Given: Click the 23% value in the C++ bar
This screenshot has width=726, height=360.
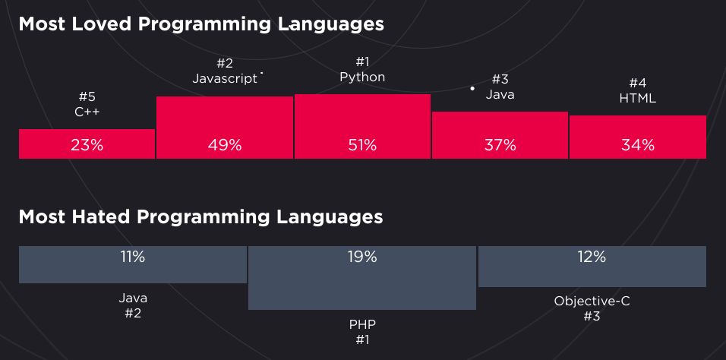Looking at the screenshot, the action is (87, 146).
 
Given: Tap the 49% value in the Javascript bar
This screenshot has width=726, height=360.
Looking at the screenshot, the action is (225, 146).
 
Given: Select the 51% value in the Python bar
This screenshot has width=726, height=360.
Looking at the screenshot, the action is (362, 146).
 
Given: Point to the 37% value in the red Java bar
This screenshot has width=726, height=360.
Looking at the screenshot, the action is (500, 146).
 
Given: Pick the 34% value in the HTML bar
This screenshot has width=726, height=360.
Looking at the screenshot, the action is (638, 146).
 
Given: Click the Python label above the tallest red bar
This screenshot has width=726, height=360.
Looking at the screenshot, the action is (362, 77).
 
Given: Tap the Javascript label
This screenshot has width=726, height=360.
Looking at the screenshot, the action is (225, 79).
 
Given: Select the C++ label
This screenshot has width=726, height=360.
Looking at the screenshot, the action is (87, 112).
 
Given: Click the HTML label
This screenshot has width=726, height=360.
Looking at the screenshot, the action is (638, 98).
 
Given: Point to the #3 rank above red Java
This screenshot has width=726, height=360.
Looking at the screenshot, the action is (500, 79).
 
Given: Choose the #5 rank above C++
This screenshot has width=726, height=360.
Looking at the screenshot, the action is (87, 96).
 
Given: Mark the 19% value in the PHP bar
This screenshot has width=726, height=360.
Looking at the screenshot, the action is (362, 257).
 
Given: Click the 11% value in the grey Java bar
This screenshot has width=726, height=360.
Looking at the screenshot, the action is (133, 257).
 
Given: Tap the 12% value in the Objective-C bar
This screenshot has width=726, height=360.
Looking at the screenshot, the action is (592, 257).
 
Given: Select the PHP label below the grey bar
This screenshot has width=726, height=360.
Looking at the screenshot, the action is (362, 324).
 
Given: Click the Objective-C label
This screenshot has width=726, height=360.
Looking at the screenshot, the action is (592, 302).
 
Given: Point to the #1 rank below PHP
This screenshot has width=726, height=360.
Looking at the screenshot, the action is (362, 339).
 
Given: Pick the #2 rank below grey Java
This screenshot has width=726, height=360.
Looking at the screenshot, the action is (133, 313).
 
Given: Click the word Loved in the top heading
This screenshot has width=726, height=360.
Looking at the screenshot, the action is (102, 24).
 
